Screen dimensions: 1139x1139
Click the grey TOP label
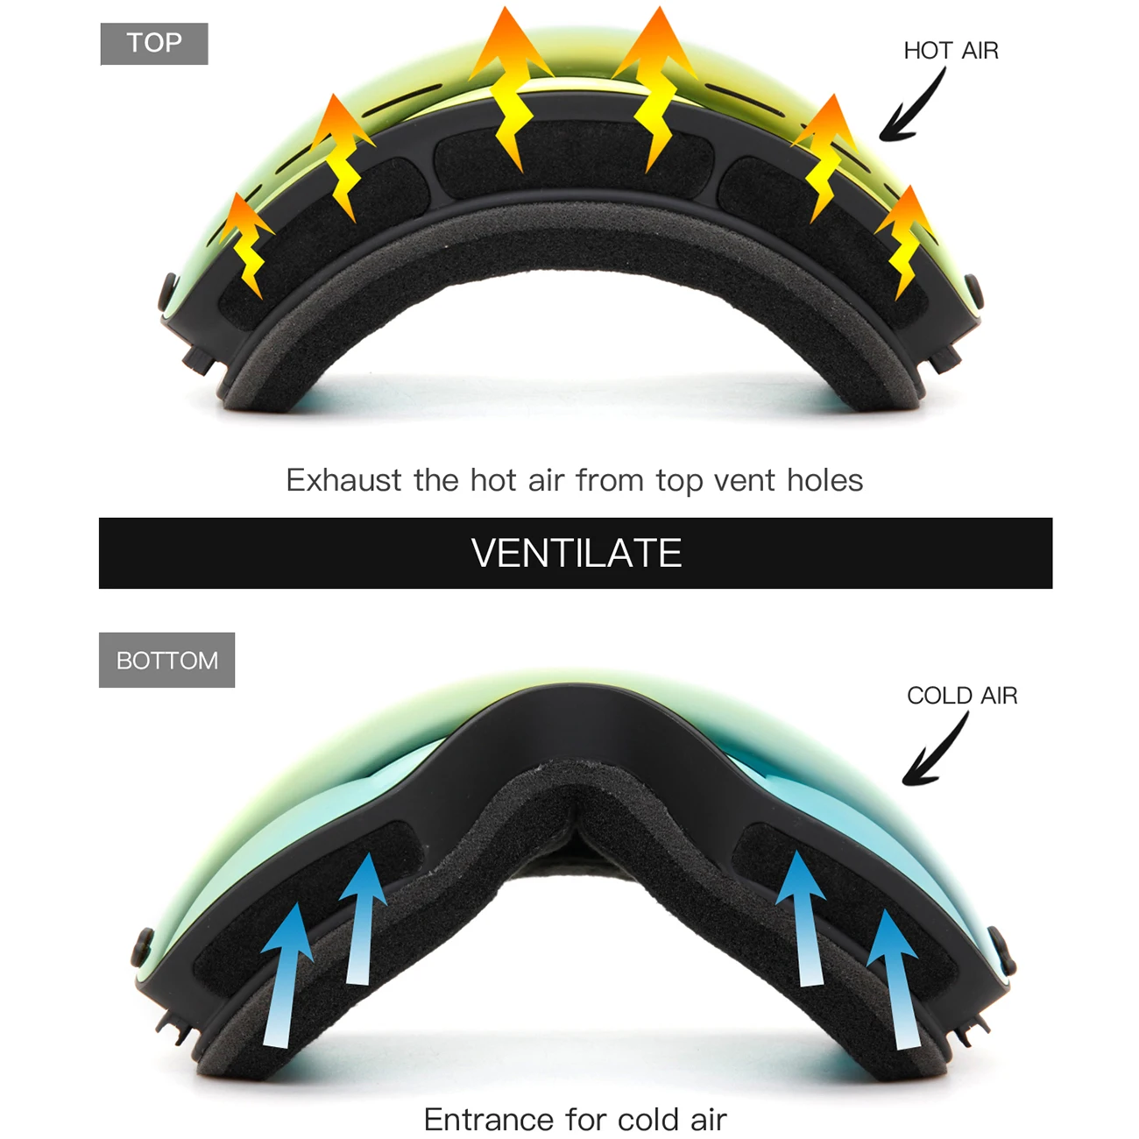154,44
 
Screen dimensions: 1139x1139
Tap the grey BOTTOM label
166,660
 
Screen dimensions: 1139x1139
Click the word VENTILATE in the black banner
576,553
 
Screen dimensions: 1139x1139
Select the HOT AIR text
951,51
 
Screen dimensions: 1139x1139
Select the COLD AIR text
962,696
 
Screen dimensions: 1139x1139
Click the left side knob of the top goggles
167,292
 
